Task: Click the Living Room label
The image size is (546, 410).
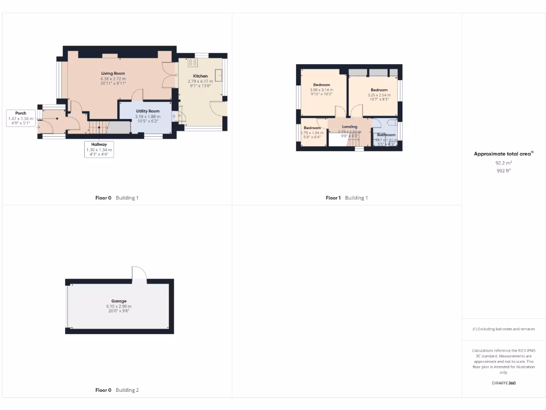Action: click(113, 73)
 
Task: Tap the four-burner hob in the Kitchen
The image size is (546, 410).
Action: click(192, 63)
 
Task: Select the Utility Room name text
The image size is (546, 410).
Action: click(148, 111)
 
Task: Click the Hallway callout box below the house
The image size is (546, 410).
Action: click(99, 148)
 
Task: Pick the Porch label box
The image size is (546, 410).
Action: click(21, 117)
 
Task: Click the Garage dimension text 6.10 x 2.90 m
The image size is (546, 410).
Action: click(119, 306)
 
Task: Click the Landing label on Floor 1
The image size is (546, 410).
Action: click(350, 127)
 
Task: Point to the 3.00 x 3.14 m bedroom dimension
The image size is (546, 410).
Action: click(322, 90)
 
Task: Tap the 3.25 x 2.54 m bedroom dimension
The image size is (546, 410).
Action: click(379, 94)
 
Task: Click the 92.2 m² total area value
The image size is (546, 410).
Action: click(504, 163)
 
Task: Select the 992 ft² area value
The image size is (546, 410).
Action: click(504, 171)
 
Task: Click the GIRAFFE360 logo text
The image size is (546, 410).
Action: click(504, 383)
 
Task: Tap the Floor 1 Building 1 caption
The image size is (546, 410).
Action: click(347, 198)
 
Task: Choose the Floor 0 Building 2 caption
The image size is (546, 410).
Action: click(117, 390)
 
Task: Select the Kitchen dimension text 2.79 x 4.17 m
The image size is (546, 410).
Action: click(200, 81)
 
